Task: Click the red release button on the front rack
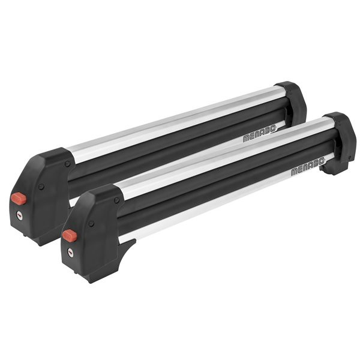[x=70, y=236]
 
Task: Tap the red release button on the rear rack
[x=19, y=199]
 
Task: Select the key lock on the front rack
[x=70, y=253]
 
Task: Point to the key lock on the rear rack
[x=20, y=215]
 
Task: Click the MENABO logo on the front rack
[x=308, y=167]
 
